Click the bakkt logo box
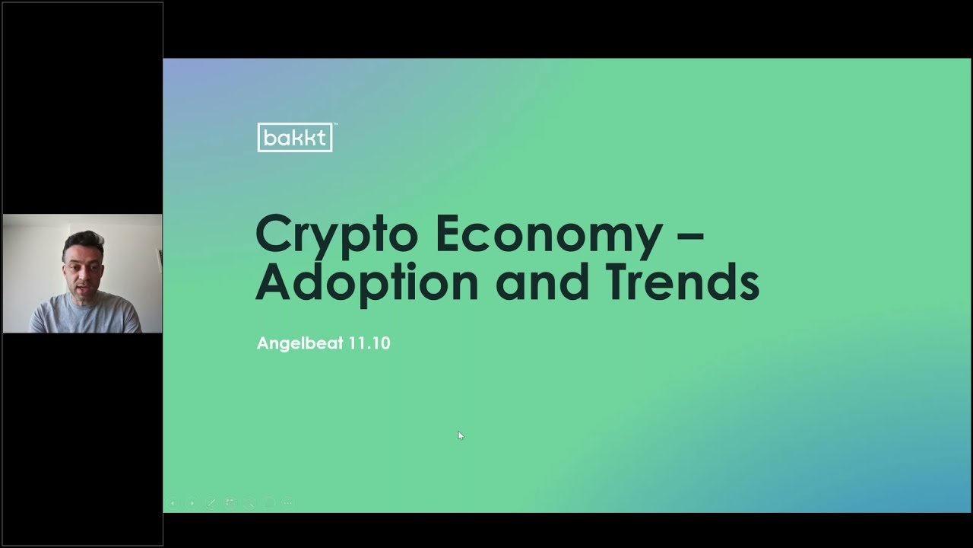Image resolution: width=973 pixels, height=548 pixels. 295,138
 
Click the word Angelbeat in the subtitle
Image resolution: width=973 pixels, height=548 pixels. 300,343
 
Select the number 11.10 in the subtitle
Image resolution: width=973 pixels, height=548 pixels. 369,343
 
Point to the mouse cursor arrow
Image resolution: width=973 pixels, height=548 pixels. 461,435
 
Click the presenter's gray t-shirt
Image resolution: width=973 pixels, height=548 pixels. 85,314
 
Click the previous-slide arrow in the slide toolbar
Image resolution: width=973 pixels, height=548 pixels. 173,503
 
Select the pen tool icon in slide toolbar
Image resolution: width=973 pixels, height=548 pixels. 211,503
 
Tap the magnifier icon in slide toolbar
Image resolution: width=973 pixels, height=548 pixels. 249,503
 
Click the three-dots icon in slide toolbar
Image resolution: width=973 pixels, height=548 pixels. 287,503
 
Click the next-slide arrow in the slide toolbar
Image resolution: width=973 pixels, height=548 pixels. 192,503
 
